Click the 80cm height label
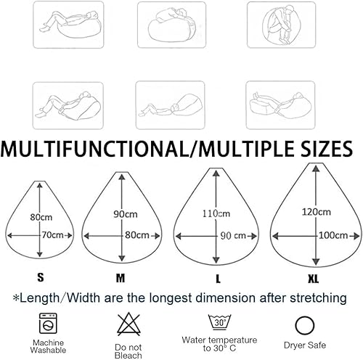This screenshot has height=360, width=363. [41, 217]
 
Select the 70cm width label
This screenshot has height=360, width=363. [53, 235]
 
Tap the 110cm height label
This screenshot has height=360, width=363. [216, 213]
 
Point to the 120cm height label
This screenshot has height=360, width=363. [317, 212]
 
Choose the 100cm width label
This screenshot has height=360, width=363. [333, 235]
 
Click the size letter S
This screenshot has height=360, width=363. [41, 277]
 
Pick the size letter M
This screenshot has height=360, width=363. [121, 278]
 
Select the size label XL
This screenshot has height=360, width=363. [314, 279]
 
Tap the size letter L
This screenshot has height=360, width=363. [218, 279]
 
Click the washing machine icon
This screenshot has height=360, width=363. [48, 323]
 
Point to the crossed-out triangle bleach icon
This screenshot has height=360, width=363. [129, 324]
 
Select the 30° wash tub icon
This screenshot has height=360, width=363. [220, 322]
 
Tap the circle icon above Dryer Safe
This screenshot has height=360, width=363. [305, 326]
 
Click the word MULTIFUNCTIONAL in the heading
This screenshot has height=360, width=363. [95, 148]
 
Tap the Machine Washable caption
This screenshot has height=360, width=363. [48, 346]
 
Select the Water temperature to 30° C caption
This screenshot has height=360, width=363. [219, 344]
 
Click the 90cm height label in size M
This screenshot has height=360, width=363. [126, 214]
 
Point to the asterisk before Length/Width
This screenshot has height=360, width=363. [16, 298]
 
